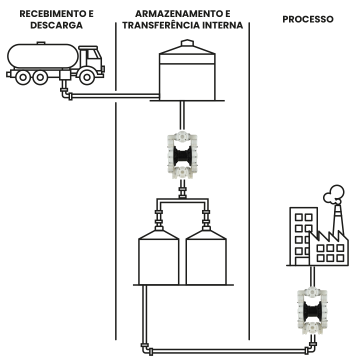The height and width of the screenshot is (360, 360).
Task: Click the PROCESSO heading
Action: click(308, 19)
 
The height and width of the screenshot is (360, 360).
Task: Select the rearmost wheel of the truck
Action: click(22, 76)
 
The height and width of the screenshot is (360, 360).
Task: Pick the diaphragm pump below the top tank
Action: click(182, 155)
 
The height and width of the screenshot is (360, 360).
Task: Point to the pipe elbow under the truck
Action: click(65, 94)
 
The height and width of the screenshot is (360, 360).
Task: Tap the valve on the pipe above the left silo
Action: click(159, 218)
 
